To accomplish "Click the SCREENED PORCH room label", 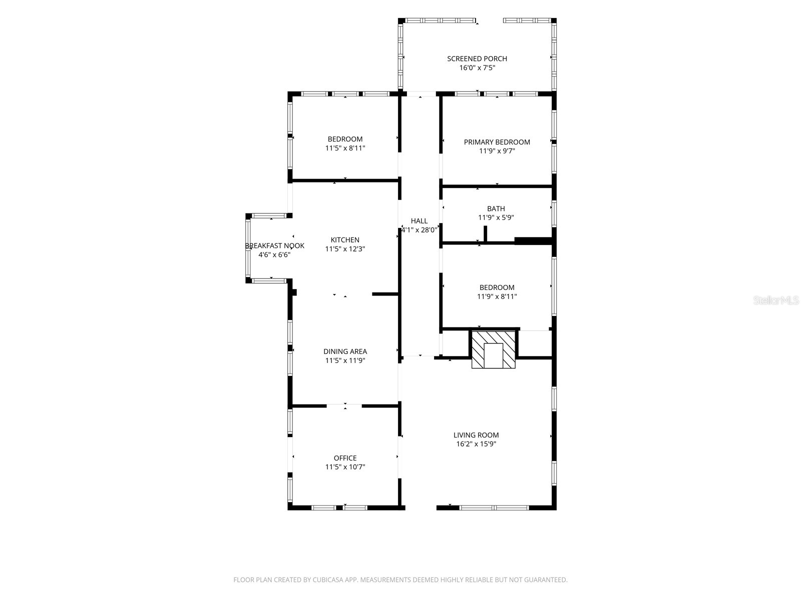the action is tap(477, 58).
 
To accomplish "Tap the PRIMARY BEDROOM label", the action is tap(497, 142).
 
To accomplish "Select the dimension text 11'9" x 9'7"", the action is tap(497, 151).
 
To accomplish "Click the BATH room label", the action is tap(496, 208).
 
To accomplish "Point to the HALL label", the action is tap(419, 221).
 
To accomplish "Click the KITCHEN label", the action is tap(345, 239).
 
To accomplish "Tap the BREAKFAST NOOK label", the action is tap(274, 246).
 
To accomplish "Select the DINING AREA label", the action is tap(345, 351).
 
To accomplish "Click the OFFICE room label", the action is tap(345, 458).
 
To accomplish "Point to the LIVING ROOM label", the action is tap(476, 435).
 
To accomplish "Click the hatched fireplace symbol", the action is tap(494, 349).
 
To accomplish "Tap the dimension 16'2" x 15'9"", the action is tap(476, 443).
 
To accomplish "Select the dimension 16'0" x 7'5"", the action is tap(477, 68).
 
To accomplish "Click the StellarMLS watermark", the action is tap(776, 300).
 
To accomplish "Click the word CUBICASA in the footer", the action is tap(328, 579).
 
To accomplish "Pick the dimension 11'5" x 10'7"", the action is tap(345, 467).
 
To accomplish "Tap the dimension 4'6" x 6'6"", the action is tap(274, 254).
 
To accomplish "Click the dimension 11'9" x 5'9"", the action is tap(496, 217).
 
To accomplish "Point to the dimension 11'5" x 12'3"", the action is tap(345, 249).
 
